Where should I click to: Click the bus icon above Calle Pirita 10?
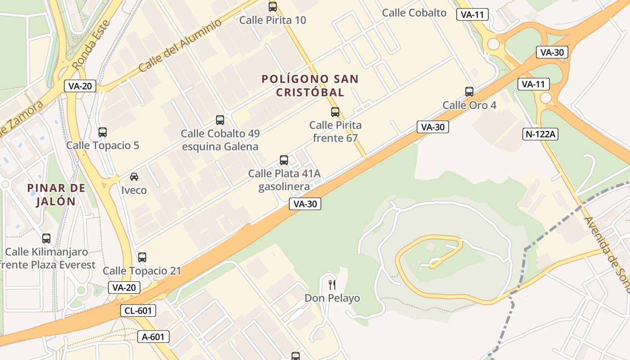click(x=273, y=7)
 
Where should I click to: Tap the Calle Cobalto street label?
click(x=414, y=13)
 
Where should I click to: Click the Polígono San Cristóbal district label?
click(x=310, y=85)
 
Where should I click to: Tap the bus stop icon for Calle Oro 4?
click(x=469, y=92)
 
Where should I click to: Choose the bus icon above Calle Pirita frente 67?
click(x=335, y=112)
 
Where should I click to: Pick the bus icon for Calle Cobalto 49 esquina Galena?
click(x=220, y=120)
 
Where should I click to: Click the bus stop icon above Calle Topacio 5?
click(x=103, y=132)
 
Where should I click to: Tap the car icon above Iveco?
click(x=134, y=177)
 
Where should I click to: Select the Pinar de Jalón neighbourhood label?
click(x=56, y=194)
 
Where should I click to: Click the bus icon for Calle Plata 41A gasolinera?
click(x=284, y=160)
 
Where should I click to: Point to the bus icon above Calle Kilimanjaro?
click(x=46, y=238)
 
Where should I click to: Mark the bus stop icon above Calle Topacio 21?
click(x=142, y=257)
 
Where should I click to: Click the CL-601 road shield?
click(x=138, y=310)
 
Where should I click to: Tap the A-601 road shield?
click(x=153, y=337)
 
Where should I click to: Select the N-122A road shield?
click(x=540, y=134)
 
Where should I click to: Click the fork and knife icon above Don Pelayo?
click(x=332, y=284)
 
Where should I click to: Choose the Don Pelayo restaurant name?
click(x=332, y=298)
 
